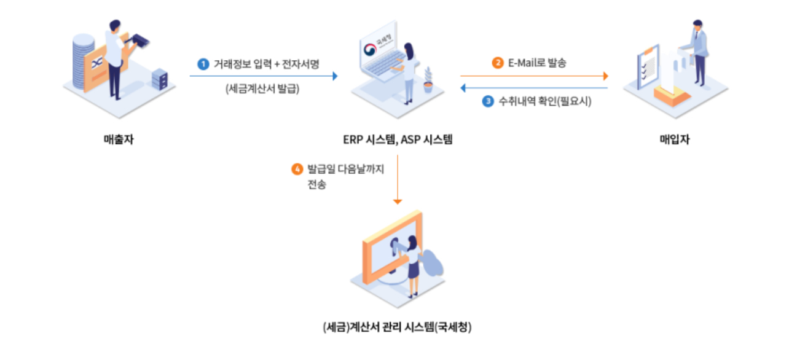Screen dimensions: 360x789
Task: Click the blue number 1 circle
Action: point(203,63)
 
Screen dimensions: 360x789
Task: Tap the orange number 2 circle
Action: point(498,63)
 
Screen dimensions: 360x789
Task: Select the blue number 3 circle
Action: point(488,102)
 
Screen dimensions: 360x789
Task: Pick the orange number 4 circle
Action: point(297,168)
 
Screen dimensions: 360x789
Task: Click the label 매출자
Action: point(119,139)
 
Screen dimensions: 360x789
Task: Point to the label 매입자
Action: point(674,139)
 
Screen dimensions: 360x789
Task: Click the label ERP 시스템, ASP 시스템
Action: point(398,139)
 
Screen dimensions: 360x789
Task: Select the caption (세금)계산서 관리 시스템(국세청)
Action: point(397,327)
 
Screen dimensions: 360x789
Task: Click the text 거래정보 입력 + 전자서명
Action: point(267,63)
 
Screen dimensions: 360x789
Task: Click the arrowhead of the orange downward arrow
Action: point(398,200)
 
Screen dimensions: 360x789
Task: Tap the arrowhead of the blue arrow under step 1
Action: point(335,76)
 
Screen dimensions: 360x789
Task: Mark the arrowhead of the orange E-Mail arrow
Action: point(605,76)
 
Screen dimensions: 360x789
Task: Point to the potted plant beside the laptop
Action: point(428,80)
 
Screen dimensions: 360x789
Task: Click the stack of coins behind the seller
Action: point(83,58)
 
